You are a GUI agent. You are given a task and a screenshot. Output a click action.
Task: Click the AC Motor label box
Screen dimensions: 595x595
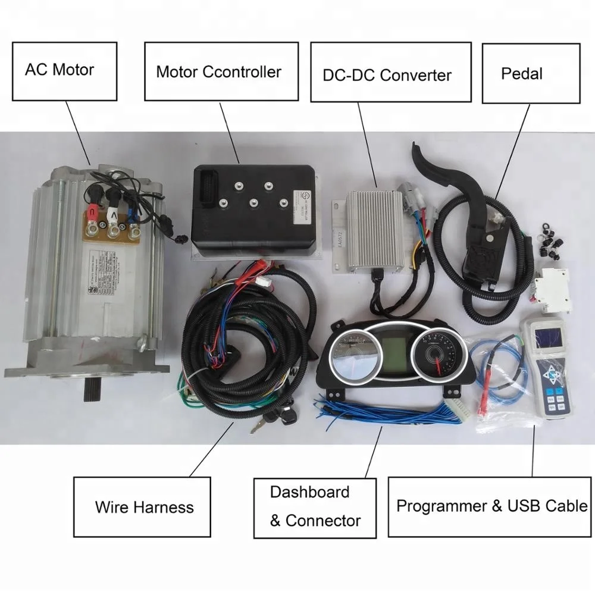(x=59, y=70)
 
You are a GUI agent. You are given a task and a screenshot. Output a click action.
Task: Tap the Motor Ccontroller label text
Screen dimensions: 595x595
(x=218, y=72)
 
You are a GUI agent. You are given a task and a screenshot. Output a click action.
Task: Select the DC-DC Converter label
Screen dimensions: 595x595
(x=387, y=75)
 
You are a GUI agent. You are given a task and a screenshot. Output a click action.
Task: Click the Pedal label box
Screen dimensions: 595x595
(x=522, y=74)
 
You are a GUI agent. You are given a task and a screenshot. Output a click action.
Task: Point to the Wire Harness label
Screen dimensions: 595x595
(x=144, y=507)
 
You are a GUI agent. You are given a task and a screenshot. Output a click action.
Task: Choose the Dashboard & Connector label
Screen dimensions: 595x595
(x=315, y=507)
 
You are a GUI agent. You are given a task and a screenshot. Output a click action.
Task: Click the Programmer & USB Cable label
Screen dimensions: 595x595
(x=491, y=507)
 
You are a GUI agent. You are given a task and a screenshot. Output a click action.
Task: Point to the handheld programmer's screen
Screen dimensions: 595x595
(x=548, y=337)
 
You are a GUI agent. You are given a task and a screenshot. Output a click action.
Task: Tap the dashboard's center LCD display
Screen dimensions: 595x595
(x=393, y=356)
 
